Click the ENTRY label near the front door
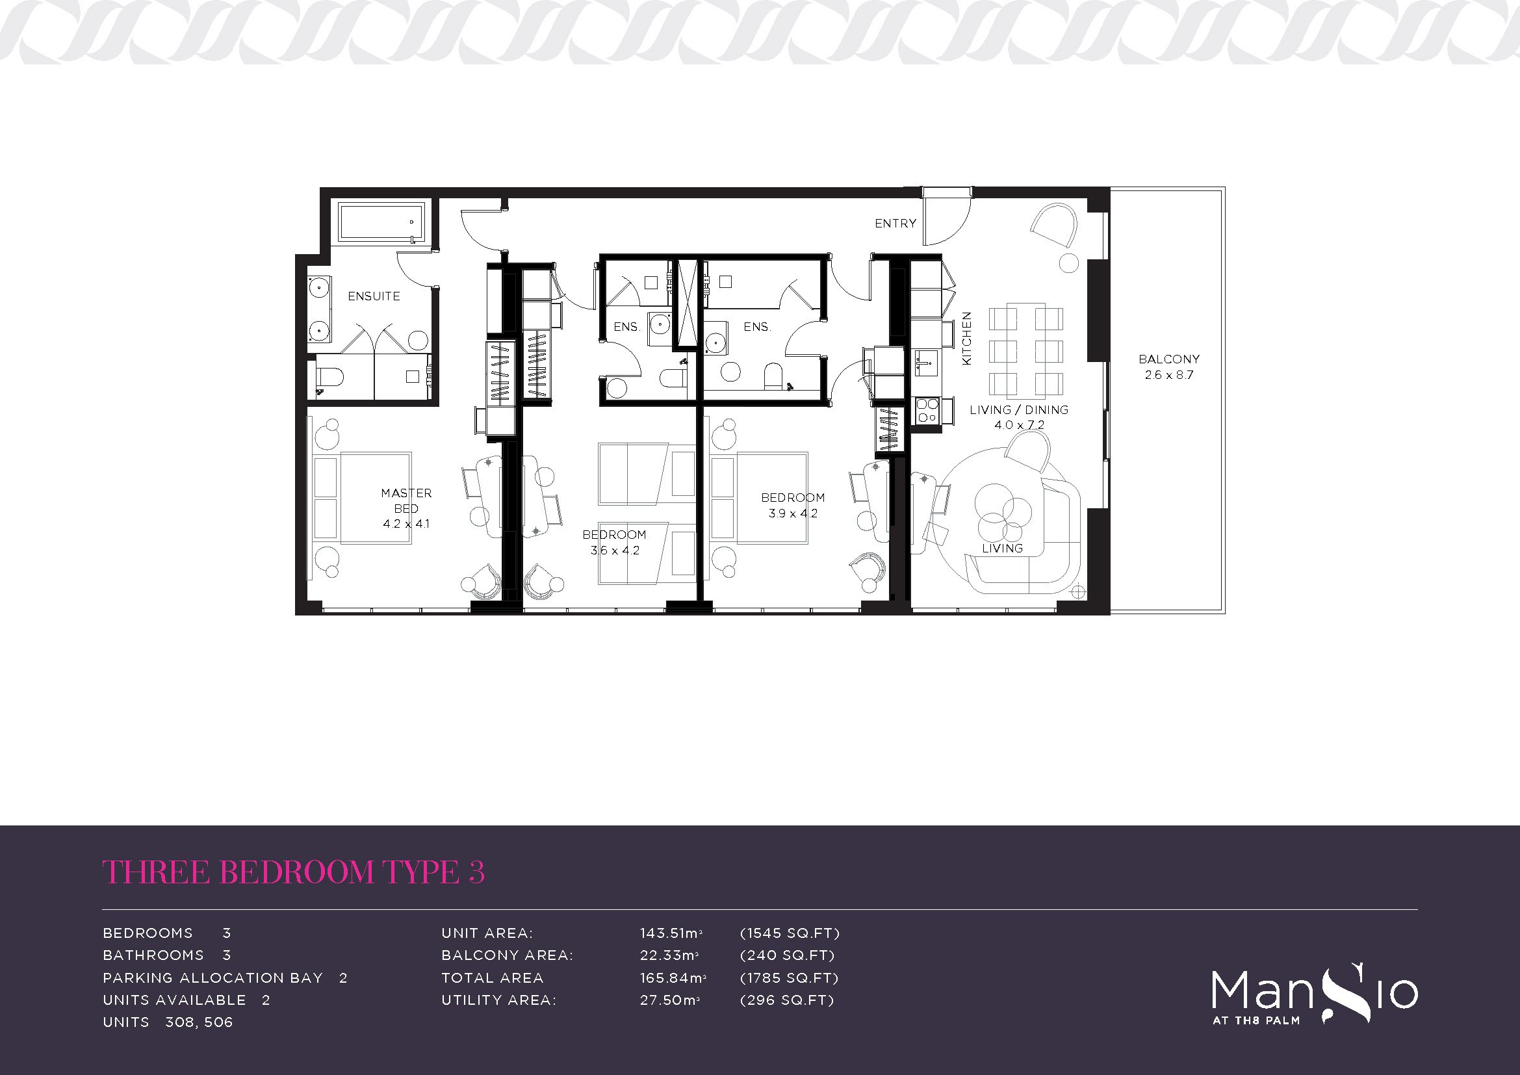click(895, 224)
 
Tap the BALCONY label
click(1168, 359)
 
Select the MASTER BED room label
click(406, 500)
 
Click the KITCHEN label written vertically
click(966, 338)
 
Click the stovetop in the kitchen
click(926, 410)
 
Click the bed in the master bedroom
click(362, 498)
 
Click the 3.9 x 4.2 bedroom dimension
click(792, 513)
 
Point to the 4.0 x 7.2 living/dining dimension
click(1019, 425)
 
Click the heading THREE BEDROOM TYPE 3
click(294, 872)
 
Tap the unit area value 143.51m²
click(671, 933)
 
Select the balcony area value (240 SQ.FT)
click(787, 955)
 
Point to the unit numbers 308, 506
click(199, 1022)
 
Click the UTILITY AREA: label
click(498, 1000)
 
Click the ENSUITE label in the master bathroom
click(374, 296)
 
